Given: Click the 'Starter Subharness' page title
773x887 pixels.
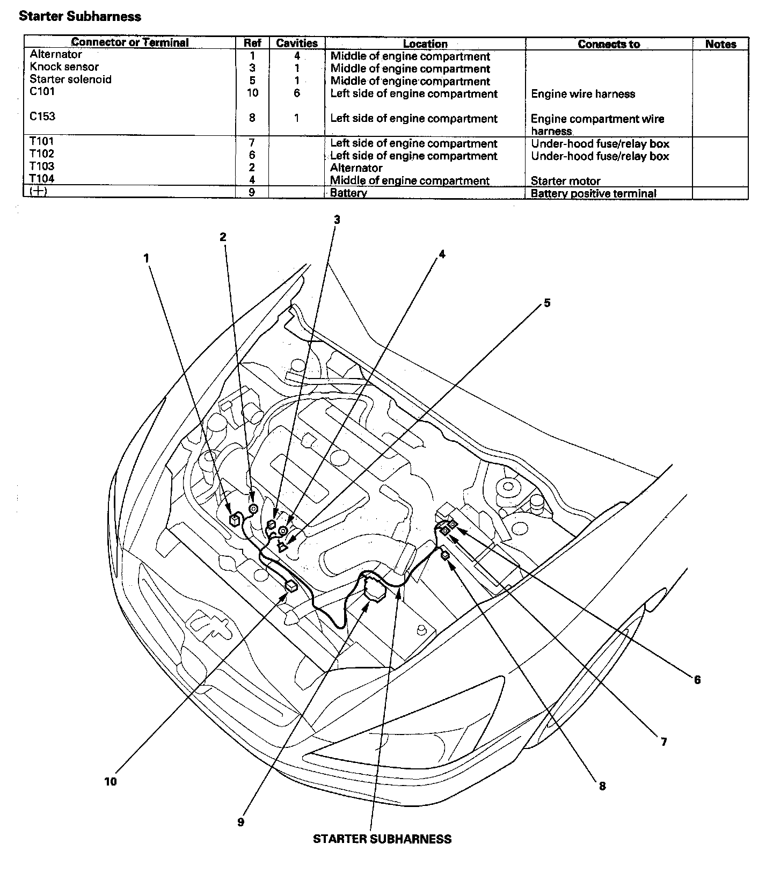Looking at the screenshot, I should click(x=80, y=17).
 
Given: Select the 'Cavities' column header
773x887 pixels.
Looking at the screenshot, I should click(x=296, y=43).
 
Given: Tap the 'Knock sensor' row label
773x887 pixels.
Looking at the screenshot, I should click(x=64, y=67).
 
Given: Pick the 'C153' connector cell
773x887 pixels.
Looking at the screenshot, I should click(x=42, y=117).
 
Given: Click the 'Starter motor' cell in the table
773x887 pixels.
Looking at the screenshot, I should click(x=565, y=181).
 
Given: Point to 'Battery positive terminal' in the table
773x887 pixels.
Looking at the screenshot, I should click(x=593, y=193).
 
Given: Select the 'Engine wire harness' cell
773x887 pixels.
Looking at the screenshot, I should click(x=582, y=94).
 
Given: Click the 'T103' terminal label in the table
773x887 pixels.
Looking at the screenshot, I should click(x=42, y=166).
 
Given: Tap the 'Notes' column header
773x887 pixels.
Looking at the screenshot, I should click(x=720, y=44).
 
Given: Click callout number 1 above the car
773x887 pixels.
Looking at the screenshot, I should click(x=146, y=258).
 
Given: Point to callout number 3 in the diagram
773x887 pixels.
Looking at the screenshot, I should click(x=337, y=220).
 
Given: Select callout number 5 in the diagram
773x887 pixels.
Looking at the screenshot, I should click(x=547, y=303).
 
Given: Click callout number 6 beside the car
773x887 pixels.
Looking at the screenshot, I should click(x=697, y=680).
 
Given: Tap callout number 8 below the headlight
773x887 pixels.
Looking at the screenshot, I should click(x=602, y=786).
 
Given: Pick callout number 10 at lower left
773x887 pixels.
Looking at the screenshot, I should click(x=111, y=782).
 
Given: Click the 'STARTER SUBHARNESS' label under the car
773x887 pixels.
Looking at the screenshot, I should click(x=382, y=839).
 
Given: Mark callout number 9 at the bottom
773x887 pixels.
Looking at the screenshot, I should click(x=240, y=822).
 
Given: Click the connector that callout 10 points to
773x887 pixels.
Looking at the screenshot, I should click(x=291, y=586).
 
